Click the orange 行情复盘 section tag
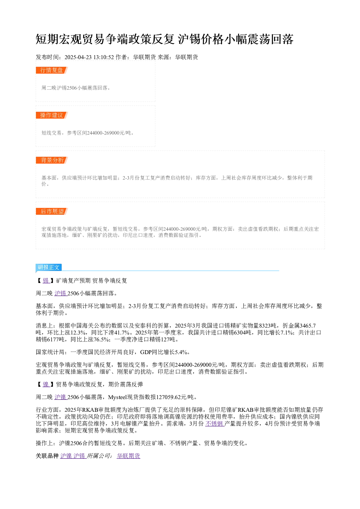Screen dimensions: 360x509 (52, 70)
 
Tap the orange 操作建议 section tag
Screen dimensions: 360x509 (52, 115)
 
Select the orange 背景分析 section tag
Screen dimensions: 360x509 (52, 160)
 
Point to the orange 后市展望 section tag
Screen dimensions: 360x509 (52, 211)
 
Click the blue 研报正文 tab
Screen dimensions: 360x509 (49, 267)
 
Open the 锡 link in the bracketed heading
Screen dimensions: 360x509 (46, 281)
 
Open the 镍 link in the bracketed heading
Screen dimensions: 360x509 (46, 384)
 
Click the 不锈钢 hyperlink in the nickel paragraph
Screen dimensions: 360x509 (215, 423)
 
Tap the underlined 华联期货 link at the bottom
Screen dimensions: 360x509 (128, 456)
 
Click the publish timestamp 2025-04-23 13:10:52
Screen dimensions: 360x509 (89, 57)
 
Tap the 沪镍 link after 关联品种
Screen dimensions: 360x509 (66, 456)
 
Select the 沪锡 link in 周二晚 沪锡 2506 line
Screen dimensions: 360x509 (60, 294)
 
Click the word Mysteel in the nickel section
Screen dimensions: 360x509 (118, 397)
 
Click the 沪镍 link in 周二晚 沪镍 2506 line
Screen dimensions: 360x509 (60, 397)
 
